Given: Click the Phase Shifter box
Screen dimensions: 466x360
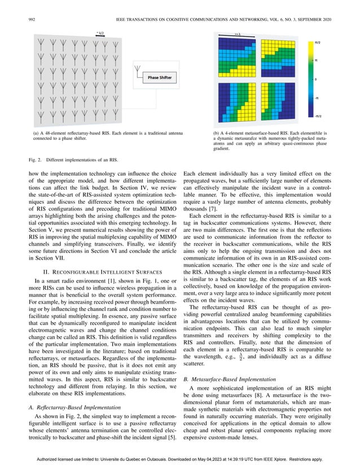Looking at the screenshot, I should (161, 77).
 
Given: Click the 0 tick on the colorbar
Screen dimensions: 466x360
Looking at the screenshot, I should (316, 79).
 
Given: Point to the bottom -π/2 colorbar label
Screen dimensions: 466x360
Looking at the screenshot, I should (317, 116).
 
